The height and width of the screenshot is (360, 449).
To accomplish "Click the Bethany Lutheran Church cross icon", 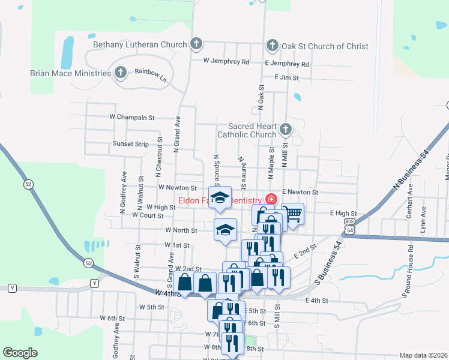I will click(196, 44).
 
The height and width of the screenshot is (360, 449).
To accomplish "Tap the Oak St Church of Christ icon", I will click(272, 46).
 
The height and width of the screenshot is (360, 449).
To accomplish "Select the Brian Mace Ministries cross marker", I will click(120, 73).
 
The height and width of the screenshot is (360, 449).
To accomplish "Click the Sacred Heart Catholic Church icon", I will click(286, 129).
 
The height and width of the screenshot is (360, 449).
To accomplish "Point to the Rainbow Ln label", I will click(149, 71).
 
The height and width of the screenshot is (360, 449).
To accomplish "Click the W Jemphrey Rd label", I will click(226, 61).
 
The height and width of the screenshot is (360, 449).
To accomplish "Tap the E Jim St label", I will click(286, 77).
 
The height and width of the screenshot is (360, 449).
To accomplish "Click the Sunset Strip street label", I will click(130, 144).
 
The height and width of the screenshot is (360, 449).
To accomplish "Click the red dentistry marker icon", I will click(271, 199).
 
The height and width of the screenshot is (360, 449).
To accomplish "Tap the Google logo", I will click(20, 353).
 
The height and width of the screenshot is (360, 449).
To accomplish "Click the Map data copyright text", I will click(423, 355).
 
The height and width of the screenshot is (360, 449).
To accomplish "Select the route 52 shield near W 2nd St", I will click(89, 263).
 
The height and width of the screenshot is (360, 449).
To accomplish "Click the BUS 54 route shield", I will click(350, 226).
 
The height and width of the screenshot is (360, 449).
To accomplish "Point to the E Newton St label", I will click(299, 191).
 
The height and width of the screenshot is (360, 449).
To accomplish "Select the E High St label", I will click(343, 213).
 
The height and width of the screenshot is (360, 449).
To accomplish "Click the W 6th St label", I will click(112, 317).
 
